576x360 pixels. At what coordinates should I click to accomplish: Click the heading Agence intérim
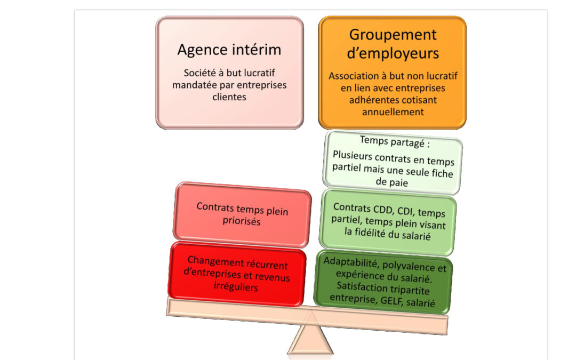coord(229,50)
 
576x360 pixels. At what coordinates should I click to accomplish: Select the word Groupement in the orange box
coord(393,35)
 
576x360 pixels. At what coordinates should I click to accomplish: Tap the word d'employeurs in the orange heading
coord(393,54)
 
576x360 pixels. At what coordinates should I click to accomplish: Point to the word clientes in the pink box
coord(229,97)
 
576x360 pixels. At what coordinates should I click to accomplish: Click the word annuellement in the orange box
coord(393,111)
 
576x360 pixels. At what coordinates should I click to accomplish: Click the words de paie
coord(391,182)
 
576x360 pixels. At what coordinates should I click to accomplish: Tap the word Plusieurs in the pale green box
coord(353,155)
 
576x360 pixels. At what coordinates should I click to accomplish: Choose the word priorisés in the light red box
coord(242,221)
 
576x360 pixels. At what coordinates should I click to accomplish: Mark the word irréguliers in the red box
coord(236,286)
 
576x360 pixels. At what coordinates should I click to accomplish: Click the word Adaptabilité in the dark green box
coord(351,262)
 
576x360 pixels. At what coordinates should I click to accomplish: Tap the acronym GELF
coord(393,300)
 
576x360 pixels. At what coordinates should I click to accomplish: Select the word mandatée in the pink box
coord(194,85)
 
